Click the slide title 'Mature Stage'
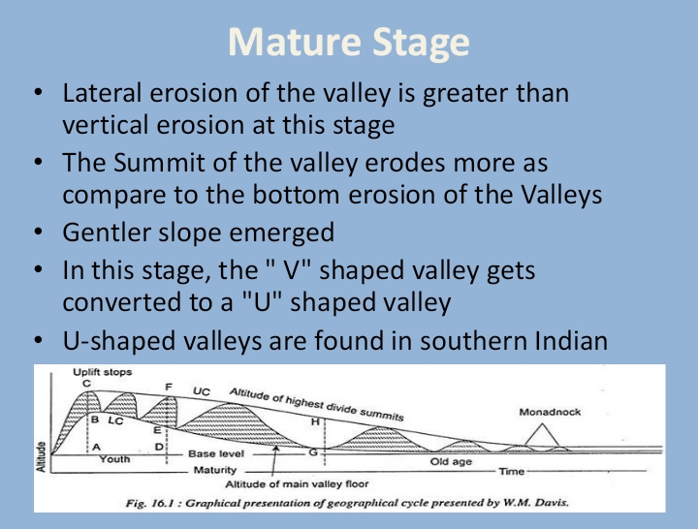(349, 43)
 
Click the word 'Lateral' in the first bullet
(95, 95)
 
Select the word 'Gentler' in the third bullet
(102, 233)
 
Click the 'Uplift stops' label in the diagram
(104, 373)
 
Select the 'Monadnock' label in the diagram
(550, 412)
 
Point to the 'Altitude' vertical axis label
(41, 452)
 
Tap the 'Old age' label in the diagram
(450, 462)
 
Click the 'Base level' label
(215, 453)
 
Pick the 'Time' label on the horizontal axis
(511, 471)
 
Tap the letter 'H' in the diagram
(314, 422)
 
